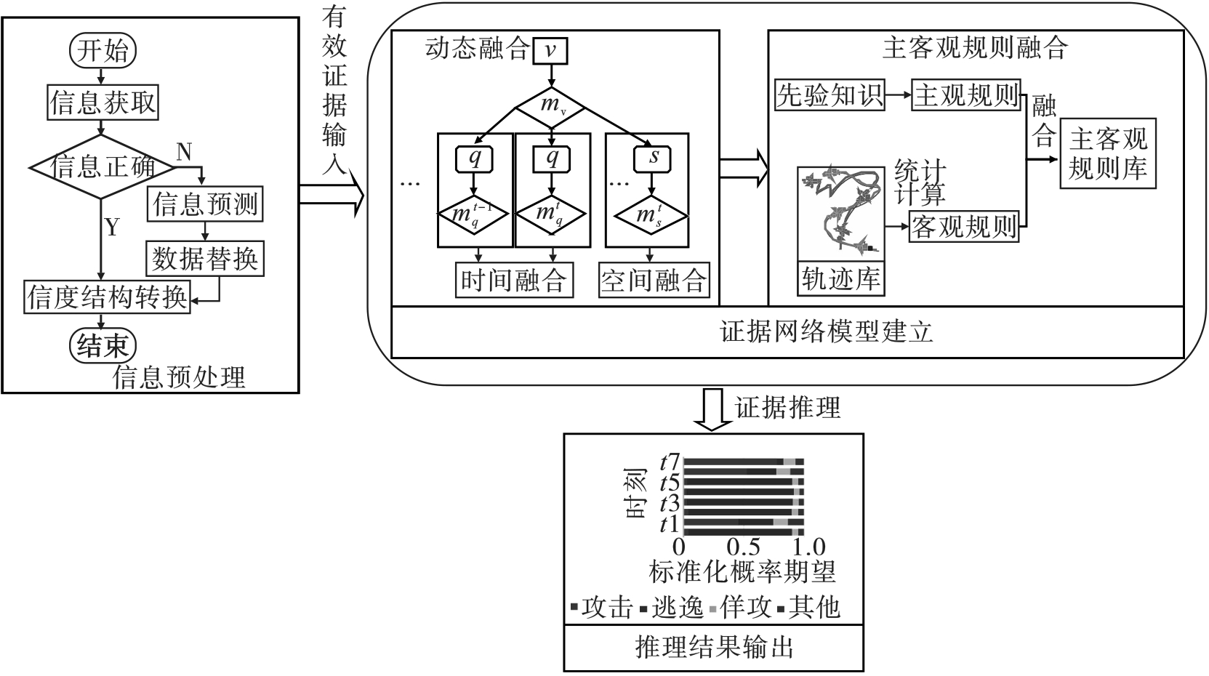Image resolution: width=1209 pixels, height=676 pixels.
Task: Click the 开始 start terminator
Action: click(x=103, y=50)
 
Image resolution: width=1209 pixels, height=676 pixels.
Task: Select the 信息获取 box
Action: click(x=103, y=102)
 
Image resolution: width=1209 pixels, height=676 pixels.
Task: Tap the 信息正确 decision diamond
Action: click(x=103, y=167)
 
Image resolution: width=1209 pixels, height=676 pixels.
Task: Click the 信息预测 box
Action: click(x=206, y=204)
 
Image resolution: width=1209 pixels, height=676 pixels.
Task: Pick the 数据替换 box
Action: click(x=205, y=258)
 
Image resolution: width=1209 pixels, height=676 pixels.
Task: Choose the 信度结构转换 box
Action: click(x=108, y=297)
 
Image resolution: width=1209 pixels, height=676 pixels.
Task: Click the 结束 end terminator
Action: click(x=103, y=345)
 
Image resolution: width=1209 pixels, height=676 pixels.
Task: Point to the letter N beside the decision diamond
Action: click(x=184, y=152)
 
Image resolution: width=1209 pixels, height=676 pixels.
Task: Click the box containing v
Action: click(x=551, y=50)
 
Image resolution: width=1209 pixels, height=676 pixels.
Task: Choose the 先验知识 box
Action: click(x=829, y=94)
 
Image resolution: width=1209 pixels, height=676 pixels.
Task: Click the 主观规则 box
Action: click(x=966, y=94)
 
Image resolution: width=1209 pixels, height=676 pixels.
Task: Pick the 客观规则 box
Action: click(x=964, y=227)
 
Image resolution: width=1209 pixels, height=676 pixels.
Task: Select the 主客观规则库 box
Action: click(x=1107, y=154)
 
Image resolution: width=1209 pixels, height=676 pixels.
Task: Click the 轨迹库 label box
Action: click(x=840, y=278)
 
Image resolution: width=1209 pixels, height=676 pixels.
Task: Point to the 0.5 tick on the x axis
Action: click(x=744, y=547)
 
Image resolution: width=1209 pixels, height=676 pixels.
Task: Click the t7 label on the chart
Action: click(x=670, y=462)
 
